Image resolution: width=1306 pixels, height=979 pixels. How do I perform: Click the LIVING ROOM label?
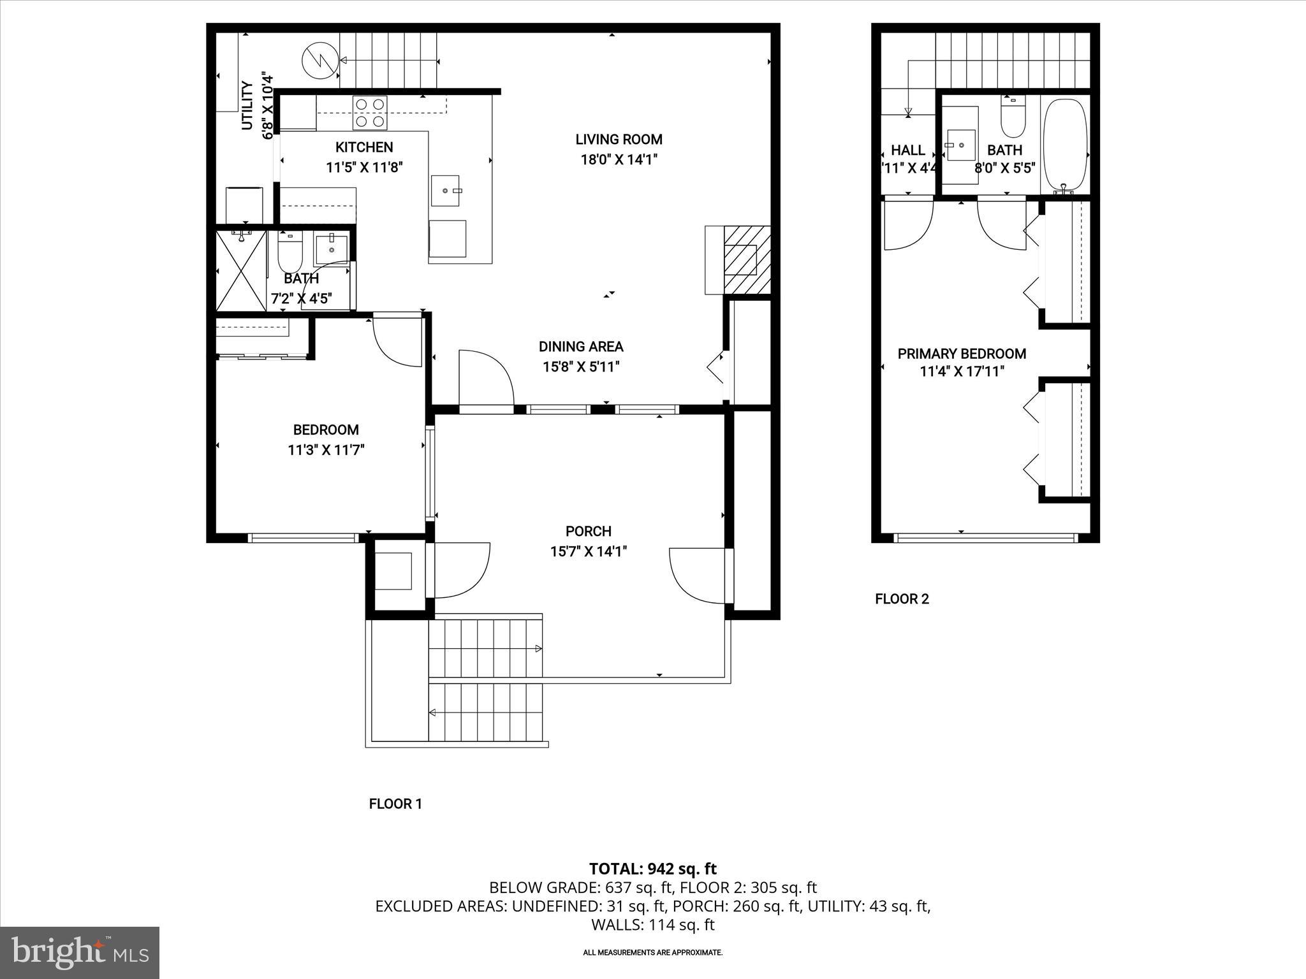point(619,140)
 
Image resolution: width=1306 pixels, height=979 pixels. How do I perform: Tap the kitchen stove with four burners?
point(370,112)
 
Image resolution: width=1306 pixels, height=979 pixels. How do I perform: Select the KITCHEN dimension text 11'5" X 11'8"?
point(364,168)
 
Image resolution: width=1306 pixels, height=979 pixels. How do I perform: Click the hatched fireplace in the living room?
point(747,259)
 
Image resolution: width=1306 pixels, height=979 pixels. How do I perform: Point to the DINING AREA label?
point(581,347)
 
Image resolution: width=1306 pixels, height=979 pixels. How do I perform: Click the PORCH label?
point(588,531)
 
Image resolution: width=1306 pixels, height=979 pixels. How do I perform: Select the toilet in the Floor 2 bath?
point(1013,119)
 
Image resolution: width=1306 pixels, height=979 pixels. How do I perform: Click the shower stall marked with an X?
point(241,271)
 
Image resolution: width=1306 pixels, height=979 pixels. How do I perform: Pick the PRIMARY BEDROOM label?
point(962,354)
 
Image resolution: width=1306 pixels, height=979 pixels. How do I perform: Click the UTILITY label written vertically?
point(247,106)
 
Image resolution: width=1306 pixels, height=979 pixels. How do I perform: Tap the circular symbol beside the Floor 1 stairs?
point(319,59)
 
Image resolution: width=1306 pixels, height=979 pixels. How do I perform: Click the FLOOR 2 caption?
point(902,598)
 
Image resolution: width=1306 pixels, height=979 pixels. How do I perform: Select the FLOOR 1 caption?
point(395,804)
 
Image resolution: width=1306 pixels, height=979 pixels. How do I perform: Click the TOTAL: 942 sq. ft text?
point(652,869)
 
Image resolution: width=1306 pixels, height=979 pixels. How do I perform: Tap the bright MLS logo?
point(80,952)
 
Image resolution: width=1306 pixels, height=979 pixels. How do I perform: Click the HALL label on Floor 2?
point(907,150)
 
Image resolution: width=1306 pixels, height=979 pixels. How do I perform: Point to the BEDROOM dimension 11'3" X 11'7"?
point(326,450)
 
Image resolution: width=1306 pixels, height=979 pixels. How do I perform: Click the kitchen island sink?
point(445,190)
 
